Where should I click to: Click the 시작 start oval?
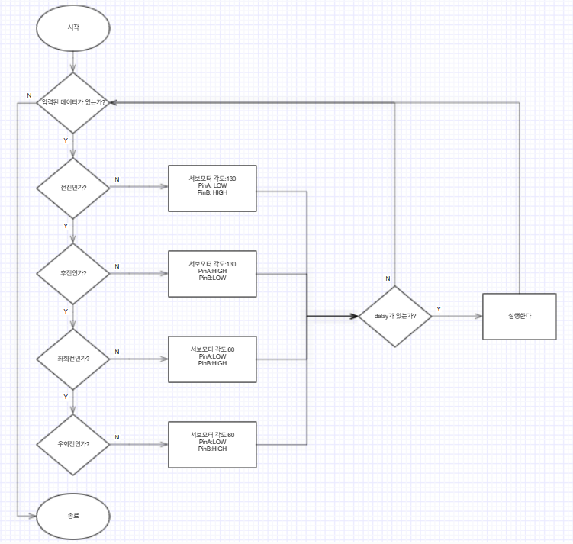pos(73,27)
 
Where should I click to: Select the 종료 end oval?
pos(73,517)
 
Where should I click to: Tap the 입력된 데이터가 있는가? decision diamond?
pos(73,102)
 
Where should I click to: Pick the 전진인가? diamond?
pos(73,188)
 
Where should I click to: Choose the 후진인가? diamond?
pos(73,273)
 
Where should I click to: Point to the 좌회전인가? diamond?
pos(73,359)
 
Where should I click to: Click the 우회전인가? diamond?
pos(73,444)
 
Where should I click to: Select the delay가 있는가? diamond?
pos(394,316)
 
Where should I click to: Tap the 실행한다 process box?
pos(519,316)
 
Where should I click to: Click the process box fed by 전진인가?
pos(213,188)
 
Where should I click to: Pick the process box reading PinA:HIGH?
pos(213,273)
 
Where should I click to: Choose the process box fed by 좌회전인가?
pos(213,359)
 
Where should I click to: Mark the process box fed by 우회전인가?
pos(213,444)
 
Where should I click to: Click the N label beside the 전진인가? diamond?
pos(117,180)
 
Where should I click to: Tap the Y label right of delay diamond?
pos(439,309)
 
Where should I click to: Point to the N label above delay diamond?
pos(388,278)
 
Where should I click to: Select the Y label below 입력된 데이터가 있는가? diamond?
pos(66,141)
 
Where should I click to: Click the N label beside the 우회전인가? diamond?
pos(117,436)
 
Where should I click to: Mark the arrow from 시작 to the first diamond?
pos(73,63)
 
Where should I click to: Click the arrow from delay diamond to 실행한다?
pos(456,316)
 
